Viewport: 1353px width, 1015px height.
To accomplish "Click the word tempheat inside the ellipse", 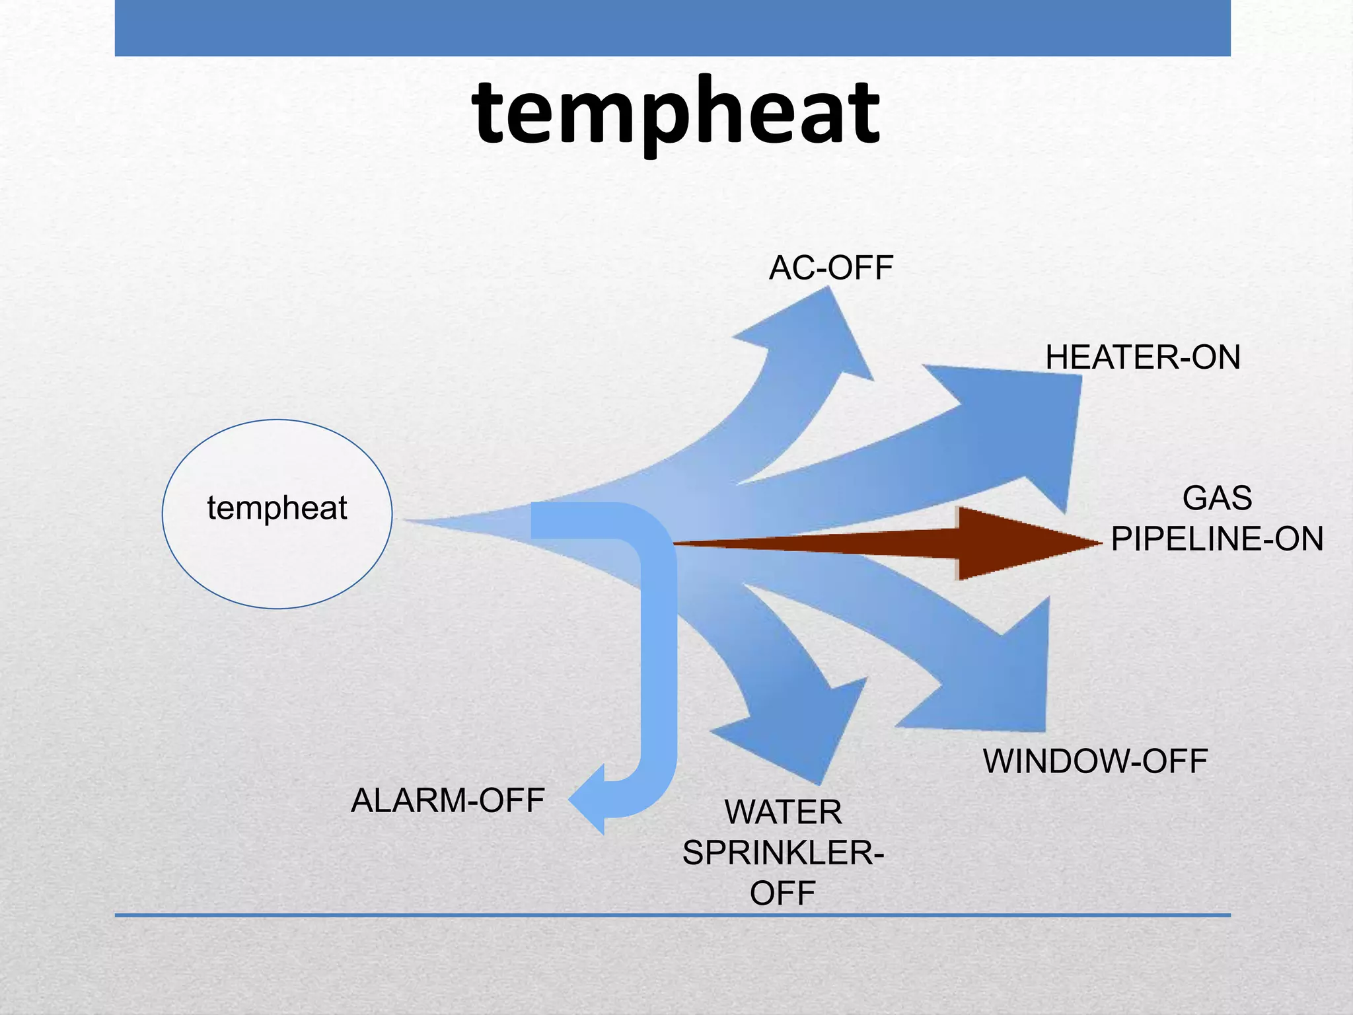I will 277,508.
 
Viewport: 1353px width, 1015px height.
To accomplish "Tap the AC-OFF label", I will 830,268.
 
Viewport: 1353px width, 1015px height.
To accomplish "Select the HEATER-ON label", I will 1142,357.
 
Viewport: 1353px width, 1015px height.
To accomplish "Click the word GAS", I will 1217,498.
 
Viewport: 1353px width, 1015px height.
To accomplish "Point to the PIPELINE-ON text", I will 1217,539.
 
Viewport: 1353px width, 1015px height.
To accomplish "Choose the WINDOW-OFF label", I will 1095,761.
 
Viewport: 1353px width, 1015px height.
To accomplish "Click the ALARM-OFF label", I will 447,801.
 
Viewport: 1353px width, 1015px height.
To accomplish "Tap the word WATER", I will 783,812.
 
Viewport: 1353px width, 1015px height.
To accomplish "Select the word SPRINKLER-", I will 783,853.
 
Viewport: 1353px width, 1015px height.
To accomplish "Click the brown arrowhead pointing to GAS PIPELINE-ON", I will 1017,544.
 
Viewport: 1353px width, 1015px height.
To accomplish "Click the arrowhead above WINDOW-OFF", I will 1004,681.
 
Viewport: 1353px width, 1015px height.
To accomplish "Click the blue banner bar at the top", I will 673,28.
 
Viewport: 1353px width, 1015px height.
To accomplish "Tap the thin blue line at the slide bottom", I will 673,915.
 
